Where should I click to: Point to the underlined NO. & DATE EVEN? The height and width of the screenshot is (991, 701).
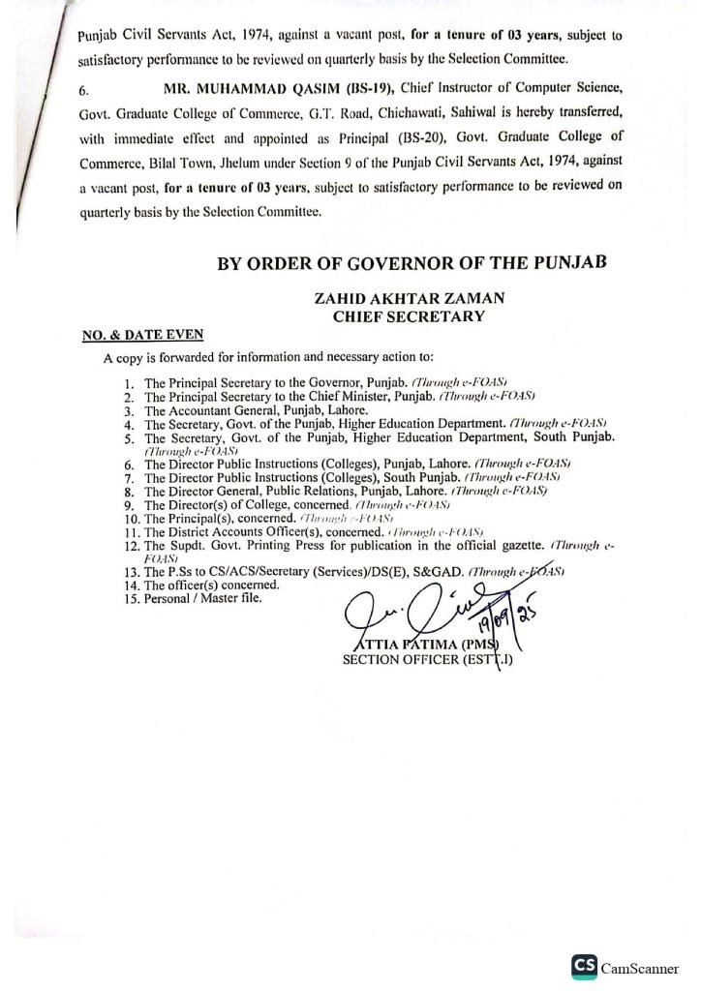coord(142,335)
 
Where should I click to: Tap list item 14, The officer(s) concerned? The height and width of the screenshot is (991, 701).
coord(211,585)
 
